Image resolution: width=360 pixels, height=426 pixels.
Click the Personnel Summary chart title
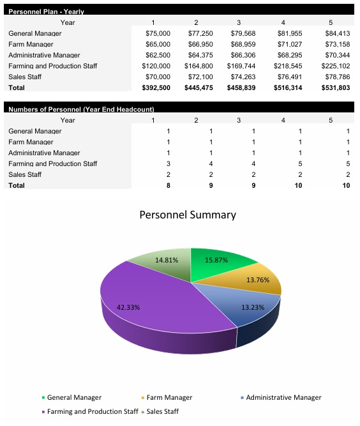click(188, 215)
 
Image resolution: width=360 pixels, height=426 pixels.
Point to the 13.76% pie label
click(259, 280)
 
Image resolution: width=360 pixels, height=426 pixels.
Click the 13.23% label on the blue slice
click(253, 307)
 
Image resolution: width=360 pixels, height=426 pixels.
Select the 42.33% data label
click(128, 307)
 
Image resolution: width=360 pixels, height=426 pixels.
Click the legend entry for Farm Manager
click(165, 397)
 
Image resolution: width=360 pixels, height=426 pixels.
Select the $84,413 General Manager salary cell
click(336, 33)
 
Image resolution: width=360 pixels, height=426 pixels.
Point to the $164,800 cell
click(199, 66)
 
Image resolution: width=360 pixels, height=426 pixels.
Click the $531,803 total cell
click(335, 87)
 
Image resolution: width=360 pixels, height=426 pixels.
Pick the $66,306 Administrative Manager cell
click(242, 55)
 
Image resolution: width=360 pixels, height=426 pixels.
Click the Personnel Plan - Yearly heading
click(46, 11)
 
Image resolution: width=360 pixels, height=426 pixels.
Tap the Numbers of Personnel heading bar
click(81, 109)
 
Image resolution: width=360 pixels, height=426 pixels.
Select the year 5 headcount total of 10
click(346, 185)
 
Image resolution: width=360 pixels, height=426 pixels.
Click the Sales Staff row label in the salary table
click(25, 77)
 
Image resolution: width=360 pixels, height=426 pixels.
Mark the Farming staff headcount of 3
click(168, 164)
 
